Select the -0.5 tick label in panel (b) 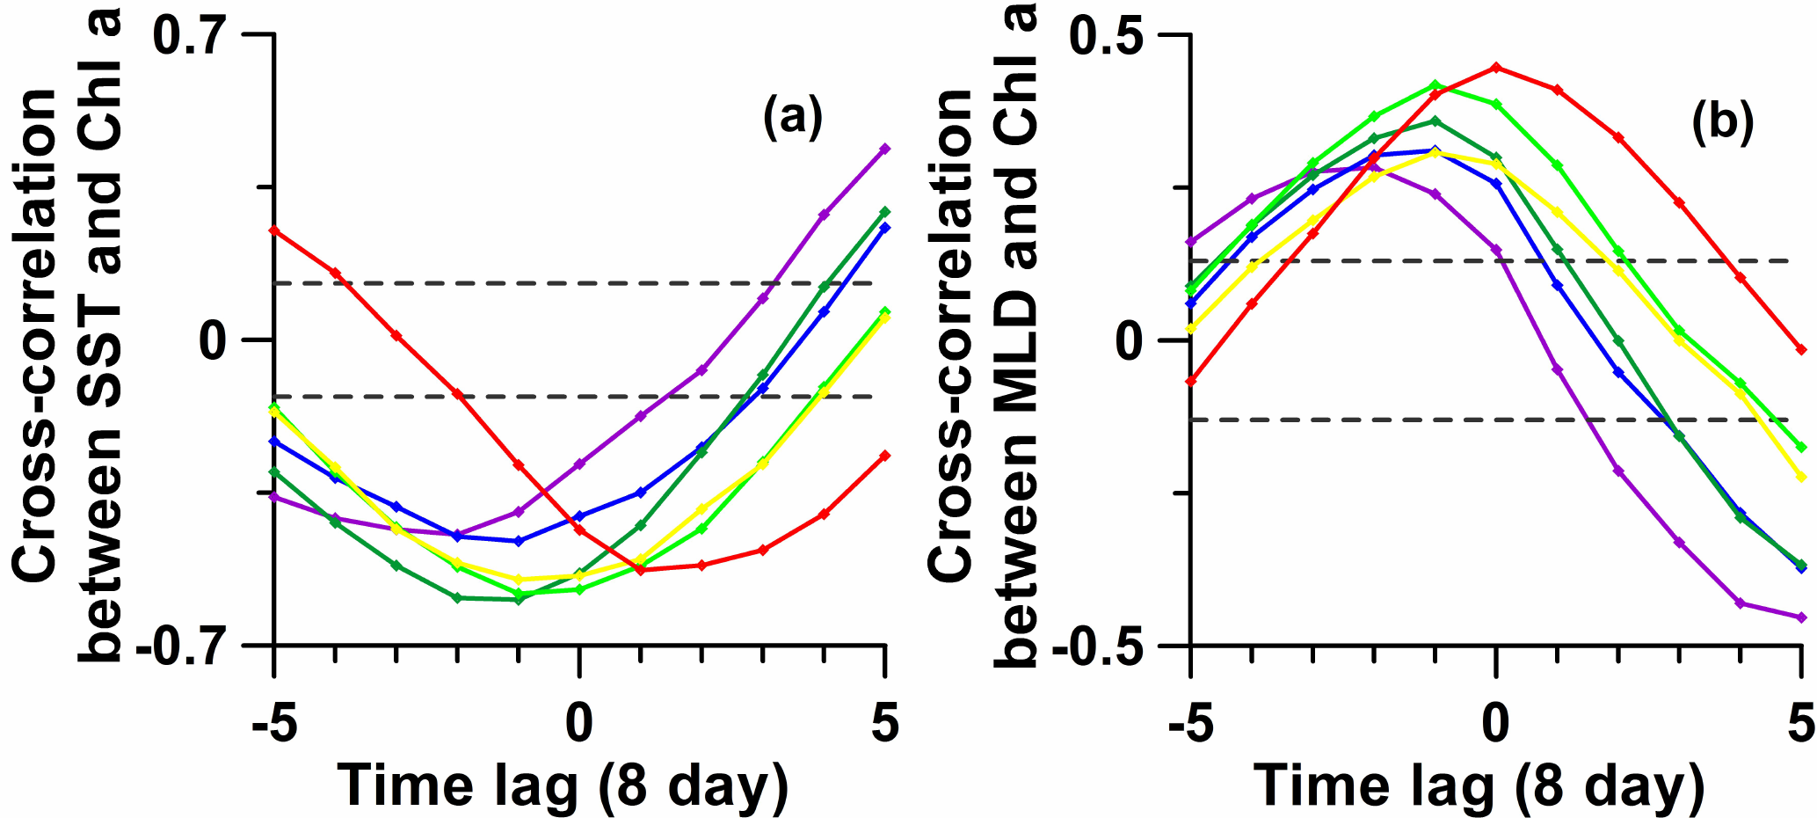coord(1099,647)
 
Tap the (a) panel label coord(792,118)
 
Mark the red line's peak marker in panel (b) coord(1495,67)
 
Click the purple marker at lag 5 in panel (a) coord(885,149)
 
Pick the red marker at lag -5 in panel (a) coord(274,230)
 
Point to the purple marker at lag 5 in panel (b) coord(1800,617)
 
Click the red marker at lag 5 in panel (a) coord(885,455)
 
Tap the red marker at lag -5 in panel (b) coord(1191,381)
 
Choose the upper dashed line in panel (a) coord(580,283)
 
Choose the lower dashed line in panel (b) coord(1494,420)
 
